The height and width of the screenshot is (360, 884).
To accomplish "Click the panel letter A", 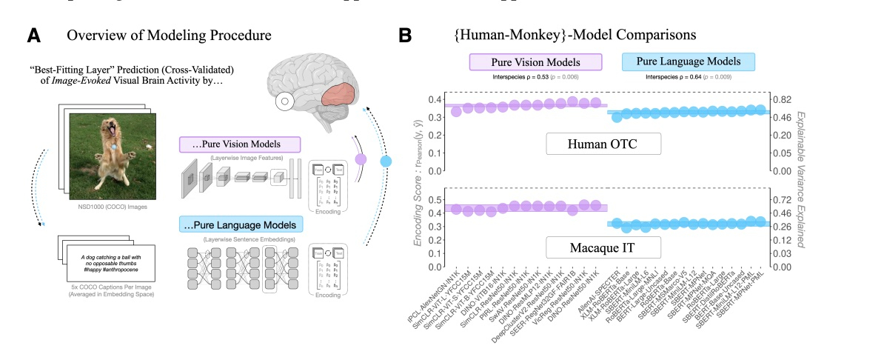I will tap(33, 35).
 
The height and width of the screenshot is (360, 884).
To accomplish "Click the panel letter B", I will tap(406, 35).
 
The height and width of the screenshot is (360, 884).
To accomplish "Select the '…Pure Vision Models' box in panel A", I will tap(239, 144).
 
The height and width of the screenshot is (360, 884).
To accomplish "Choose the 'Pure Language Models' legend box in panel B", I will tap(689, 62).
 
